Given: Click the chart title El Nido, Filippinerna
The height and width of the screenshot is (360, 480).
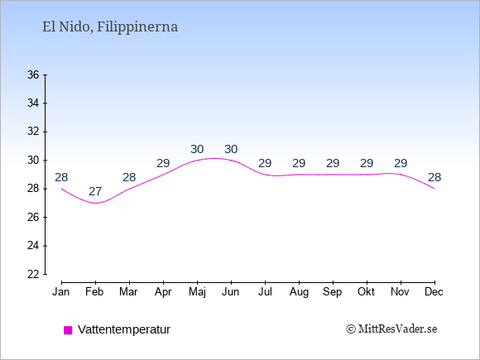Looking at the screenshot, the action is tap(110, 27).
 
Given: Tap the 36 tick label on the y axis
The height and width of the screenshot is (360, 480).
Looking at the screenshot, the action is tap(33, 74).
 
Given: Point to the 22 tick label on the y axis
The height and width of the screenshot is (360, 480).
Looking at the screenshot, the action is tap(33, 274).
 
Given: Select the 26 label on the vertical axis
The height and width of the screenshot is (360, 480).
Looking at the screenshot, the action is tap(33, 218).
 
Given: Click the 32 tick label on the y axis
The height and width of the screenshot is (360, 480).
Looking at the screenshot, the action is tap(33, 132).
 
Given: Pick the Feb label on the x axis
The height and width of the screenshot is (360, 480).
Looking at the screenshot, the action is tap(94, 292).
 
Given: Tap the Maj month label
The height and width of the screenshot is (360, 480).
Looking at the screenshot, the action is tap(197, 292).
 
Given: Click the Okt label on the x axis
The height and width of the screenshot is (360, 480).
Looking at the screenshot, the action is tap(366, 292).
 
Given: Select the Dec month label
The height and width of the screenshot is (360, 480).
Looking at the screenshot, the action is tap(434, 292).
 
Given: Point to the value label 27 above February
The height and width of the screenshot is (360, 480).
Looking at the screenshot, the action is tap(95, 192).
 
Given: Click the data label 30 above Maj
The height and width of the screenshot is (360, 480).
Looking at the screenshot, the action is tap(197, 150).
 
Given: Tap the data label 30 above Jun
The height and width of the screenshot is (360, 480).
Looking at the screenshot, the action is tap(231, 150).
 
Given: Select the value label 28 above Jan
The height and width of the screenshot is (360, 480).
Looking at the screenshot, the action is tap(61, 177).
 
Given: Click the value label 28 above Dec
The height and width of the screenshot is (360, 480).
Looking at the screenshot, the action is tap(434, 177).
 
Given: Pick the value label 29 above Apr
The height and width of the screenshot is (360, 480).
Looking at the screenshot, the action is tap(163, 163).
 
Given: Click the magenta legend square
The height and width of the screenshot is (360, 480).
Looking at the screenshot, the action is tap(68, 330).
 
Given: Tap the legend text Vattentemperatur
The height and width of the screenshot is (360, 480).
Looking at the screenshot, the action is tap(124, 329).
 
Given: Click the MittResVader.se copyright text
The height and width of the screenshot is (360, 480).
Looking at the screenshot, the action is tap(391, 329).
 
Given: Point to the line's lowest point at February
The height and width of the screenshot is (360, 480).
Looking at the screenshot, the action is tap(95, 203).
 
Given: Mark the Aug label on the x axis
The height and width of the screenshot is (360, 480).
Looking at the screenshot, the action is tap(299, 292).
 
